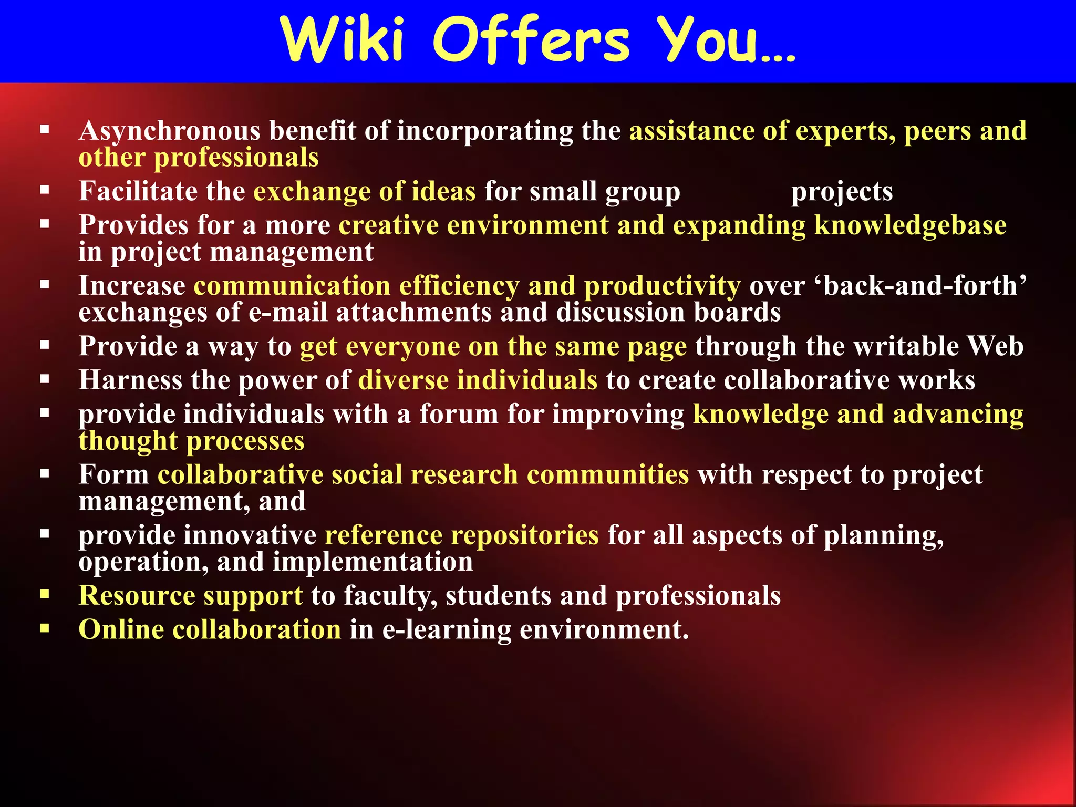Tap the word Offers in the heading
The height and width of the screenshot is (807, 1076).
(531, 41)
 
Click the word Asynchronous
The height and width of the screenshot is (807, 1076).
(169, 131)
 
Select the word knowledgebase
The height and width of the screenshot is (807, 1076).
(910, 225)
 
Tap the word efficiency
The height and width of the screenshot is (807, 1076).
(459, 286)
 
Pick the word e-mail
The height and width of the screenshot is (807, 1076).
(288, 312)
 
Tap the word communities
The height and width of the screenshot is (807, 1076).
(608, 474)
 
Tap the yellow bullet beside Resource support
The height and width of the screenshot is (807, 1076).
(45, 594)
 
